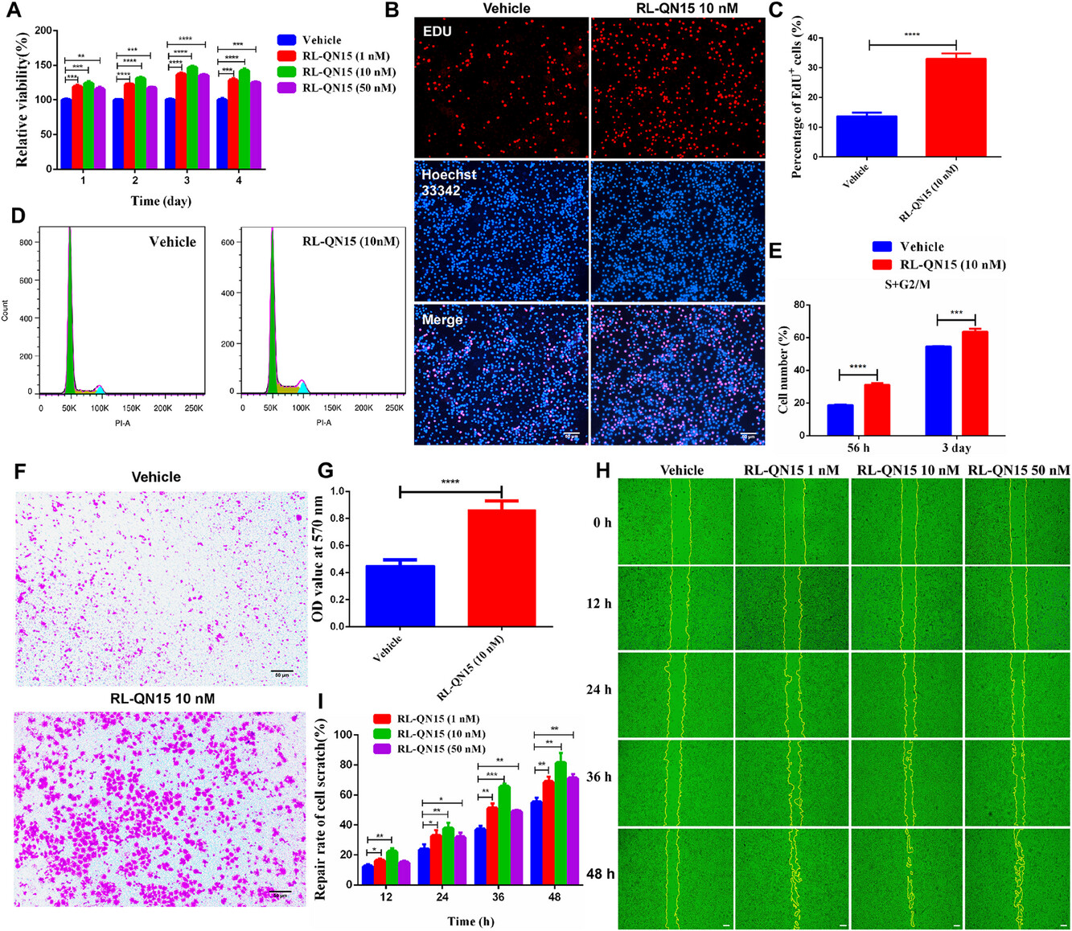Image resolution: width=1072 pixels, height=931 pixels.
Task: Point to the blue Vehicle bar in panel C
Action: pyautogui.click(x=867, y=136)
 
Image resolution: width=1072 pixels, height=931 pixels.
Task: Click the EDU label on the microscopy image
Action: pyautogui.click(x=437, y=31)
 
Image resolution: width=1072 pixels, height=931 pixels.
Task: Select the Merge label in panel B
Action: pyautogui.click(x=442, y=320)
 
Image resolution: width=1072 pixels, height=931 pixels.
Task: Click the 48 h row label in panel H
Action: pyautogui.click(x=599, y=874)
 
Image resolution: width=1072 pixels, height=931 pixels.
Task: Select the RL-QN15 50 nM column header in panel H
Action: pyautogui.click(x=1019, y=470)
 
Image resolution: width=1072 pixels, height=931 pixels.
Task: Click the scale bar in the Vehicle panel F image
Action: pyautogui.click(x=281, y=671)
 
